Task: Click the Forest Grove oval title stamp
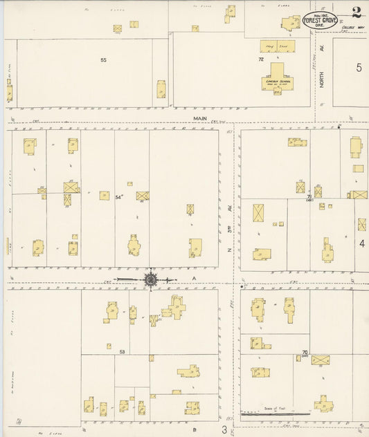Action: pyautogui.click(x=320, y=21)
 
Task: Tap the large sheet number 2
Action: pyautogui.click(x=356, y=12)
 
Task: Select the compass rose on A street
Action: pyautogui.click(x=151, y=279)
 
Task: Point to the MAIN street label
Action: pyautogui.click(x=201, y=119)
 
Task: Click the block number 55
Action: pyautogui.click(x=103, y=60)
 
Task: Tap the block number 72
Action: pyautogui.click(x=261, y=60)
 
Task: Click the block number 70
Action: pyautogui.click(x=305, y=353)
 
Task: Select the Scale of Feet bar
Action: pyautogui.click(x=275, y=413)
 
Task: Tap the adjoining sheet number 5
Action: pyautogui.click(x=359, y=67)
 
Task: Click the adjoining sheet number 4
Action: pyautogui.click(x=361, y=243)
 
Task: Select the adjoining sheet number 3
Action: pyautogui.click(x=224, y=429)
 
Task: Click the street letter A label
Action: pyautogui.click(x=195, y=278)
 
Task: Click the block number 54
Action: pyautogui.click(x=118, y=198)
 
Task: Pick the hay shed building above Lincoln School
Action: pyautogui.click(x=276, y=47)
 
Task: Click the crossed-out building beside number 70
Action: pyautogui.click(x=320, y=360)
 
